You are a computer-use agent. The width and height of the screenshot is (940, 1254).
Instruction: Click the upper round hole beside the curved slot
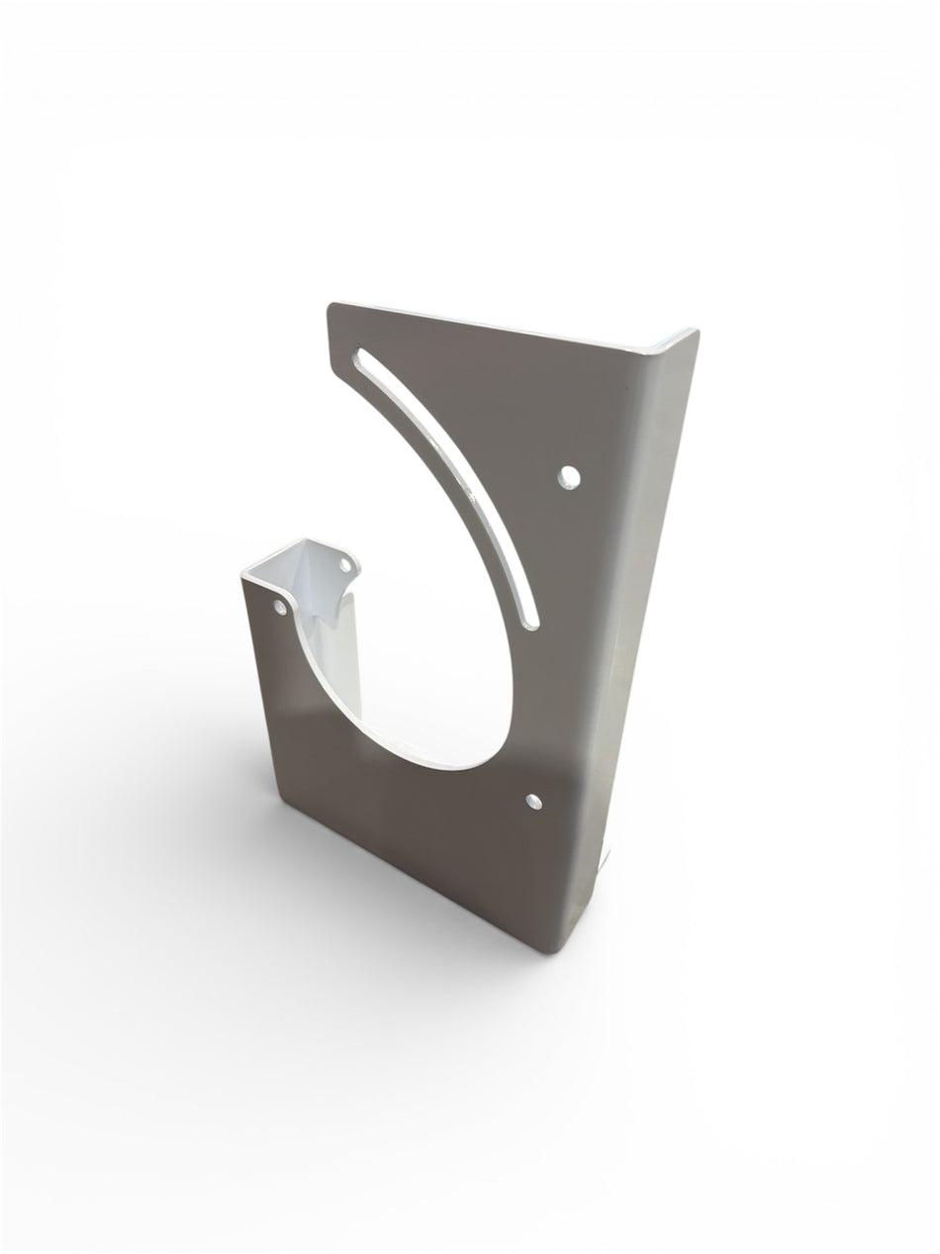tap(568, 478)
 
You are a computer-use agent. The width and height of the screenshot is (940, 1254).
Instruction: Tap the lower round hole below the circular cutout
tap(534, 800)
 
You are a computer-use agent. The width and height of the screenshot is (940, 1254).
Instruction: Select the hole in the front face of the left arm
tap(278, 603)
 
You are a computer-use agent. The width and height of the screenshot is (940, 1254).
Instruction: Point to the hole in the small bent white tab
tap(345, 565)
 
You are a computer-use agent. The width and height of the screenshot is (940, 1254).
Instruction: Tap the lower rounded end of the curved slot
tap(531, 621)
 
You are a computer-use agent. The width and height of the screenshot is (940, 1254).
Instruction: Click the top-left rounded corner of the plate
tap(333, 308)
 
